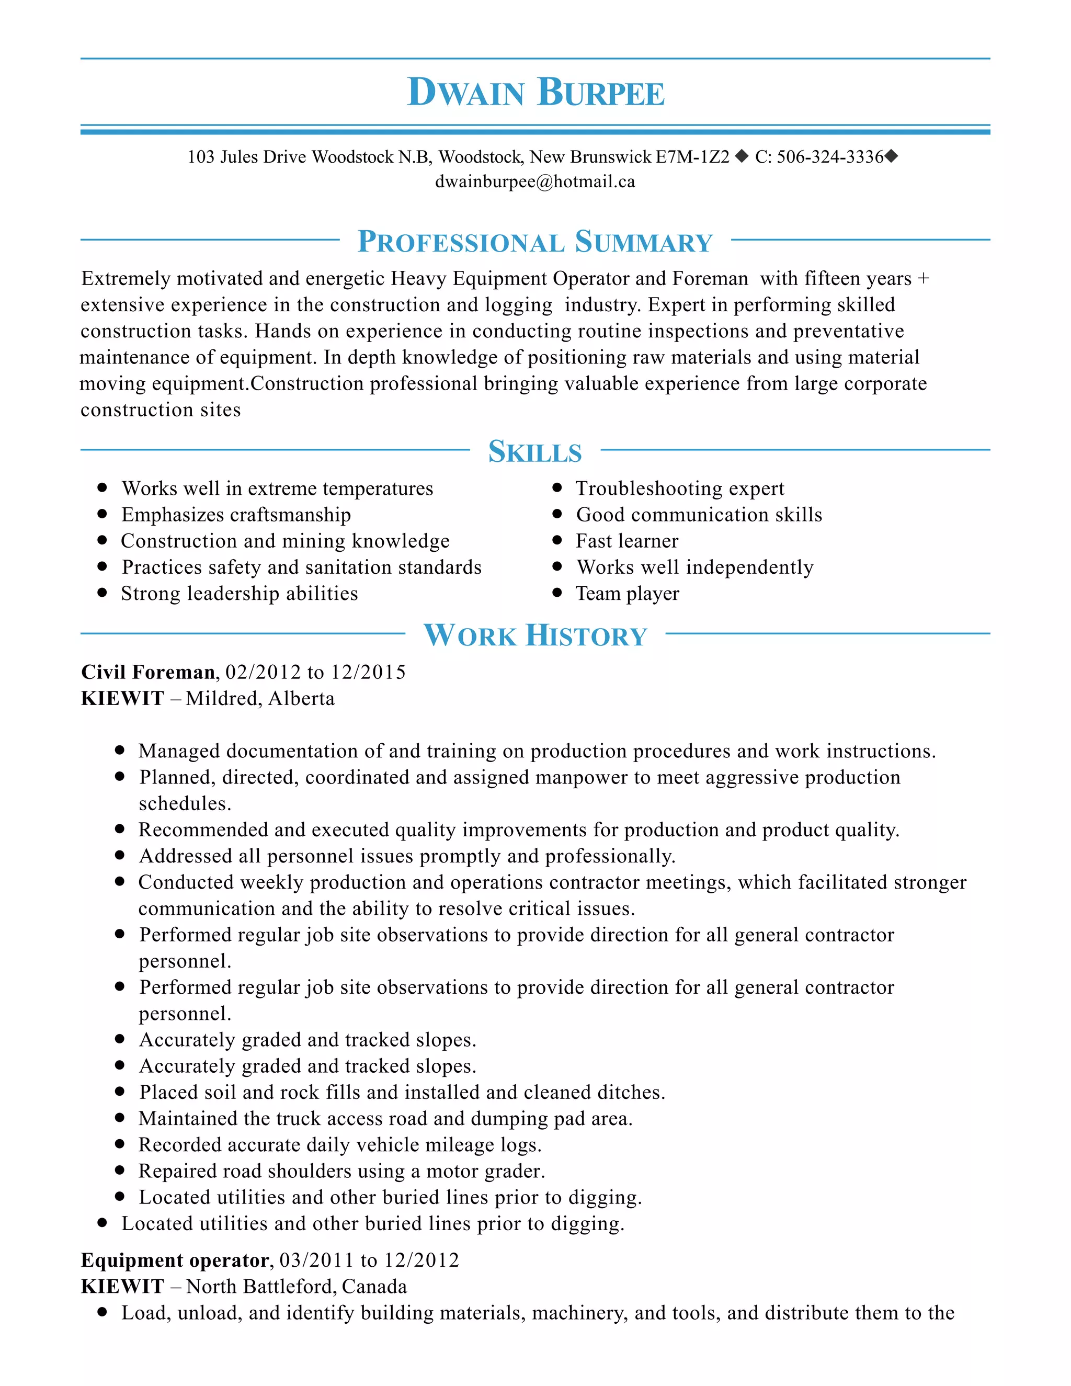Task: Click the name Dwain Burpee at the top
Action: click(x=535, y=93)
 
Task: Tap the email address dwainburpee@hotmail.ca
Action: click(x=535, y=182)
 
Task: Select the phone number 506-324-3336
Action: click(x=830, y=157)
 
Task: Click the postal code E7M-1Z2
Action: click(x=692, y=157)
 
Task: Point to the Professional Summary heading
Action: click(x=535, y=242)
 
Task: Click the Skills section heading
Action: click(x=535, y=452)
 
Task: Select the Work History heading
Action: click(x=535, y=635)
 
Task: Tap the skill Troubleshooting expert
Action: click(x=679, y=488)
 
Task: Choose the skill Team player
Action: click(x=627, y=594)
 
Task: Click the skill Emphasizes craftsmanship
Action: click(x=236, y=515)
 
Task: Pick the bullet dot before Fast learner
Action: click(x=557, y=540)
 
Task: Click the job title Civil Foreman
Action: click(x=148, y=672)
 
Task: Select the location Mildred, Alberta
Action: click(x=260, y=699)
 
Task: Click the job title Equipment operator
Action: click(x=176, y=1260)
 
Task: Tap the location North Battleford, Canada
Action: click(x=297, y=1287)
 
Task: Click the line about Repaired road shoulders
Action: click(x=341, y=1171)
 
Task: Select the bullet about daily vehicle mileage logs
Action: click(x=339, y=1144)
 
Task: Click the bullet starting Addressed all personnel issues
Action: click(x=407, y=856)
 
